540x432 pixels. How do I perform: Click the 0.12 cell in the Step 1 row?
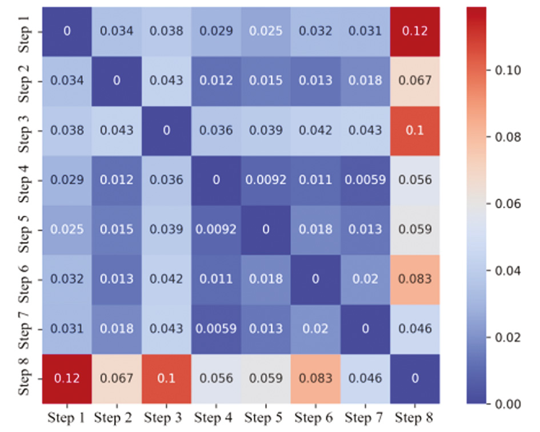(x=415, y=31)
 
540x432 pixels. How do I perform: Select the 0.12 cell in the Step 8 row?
(x=67, y=379)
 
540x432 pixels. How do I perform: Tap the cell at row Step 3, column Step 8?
(x=415, y=130)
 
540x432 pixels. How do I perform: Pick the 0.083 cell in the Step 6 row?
(x=415, y=280)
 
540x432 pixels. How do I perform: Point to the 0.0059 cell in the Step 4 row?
(x=365, y=180)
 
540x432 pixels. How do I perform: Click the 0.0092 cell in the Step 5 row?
(x=216, y=230)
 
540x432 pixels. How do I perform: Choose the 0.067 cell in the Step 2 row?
(x=415, y=80)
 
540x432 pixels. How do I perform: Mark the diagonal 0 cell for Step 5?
(x=266, y=230)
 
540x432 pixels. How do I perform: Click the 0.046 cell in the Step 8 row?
(x=365, y=379)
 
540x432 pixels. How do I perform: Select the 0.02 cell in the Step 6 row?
(x=365, y=280)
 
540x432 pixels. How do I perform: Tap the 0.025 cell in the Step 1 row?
(x=266, y=31)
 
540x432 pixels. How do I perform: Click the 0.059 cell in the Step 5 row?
(x=415, y=230)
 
